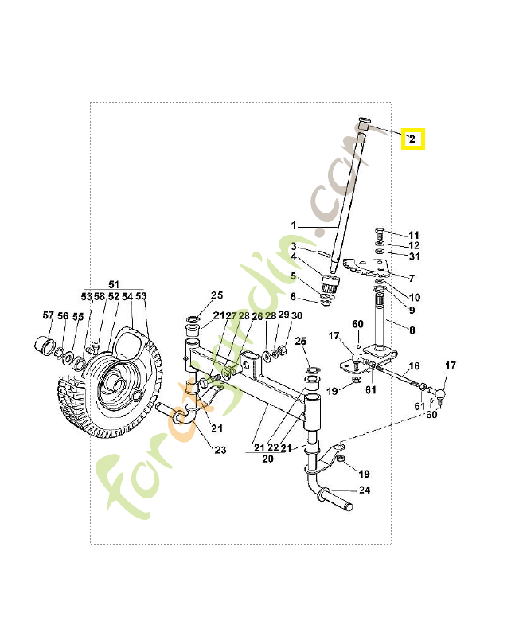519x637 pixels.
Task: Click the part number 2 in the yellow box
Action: click(x=412, y=139)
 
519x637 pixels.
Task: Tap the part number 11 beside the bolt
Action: click(x=413, y=235)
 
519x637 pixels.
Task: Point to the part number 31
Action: click(x=413, y=256)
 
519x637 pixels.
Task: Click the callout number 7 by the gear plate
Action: click(x=411, y=278)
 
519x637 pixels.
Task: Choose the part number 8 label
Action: click(x=412, y=329)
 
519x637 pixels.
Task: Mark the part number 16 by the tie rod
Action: click(x=413, y=366)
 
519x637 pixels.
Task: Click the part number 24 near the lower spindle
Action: click(x=364, y=490)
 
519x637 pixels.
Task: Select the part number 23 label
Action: click(x=220, y=450)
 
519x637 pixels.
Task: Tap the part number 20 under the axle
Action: click(x=267, y=459)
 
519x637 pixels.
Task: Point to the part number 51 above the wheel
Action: click(x=113, y=284)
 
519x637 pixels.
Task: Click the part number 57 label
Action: click(x=48, y=316)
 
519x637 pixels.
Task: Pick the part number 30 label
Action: click(x=296, y=316)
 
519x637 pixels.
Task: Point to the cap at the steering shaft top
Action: click(x=363, y=123)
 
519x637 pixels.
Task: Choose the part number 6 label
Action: click(x=293, y=296)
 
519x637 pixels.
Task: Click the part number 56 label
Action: click(x=63, y=316)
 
